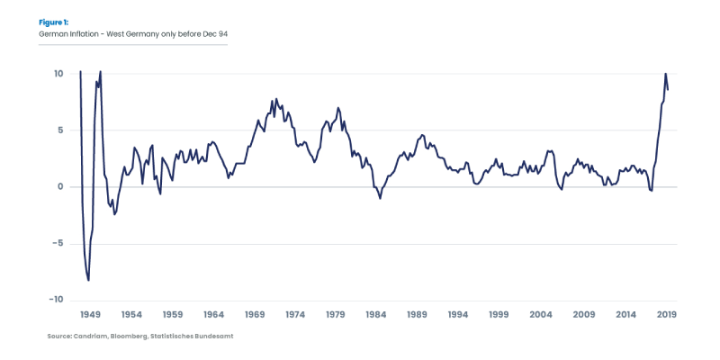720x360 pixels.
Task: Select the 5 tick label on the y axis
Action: pyautogui.click(x=59, y=130)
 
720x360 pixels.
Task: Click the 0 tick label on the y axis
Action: pyautogui.click(x=59, y=187)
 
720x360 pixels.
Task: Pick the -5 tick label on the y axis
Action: pyautogui.click(x=57, y=243)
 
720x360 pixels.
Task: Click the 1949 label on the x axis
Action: pyautogui.click(x=90, y=315)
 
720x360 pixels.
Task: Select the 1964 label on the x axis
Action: pyautogui.click(x=213, y=315)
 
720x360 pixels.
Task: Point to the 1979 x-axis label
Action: pyautogui.click(x=336, y=315)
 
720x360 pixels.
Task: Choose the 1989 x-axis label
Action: pyautogui.click(x=418, y=315)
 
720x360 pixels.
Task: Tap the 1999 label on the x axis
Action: pyautogui.click(x=499, y=315)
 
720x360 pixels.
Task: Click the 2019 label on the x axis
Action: pyautogui.click(x=665, y=315)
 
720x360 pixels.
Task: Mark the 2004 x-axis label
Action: pyautogui.click(x=541, y=315)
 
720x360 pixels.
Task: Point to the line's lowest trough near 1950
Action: pyautogui.click(x=88, y=281)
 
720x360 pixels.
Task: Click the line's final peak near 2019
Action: pyautogui.click(x=665, y=74)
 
